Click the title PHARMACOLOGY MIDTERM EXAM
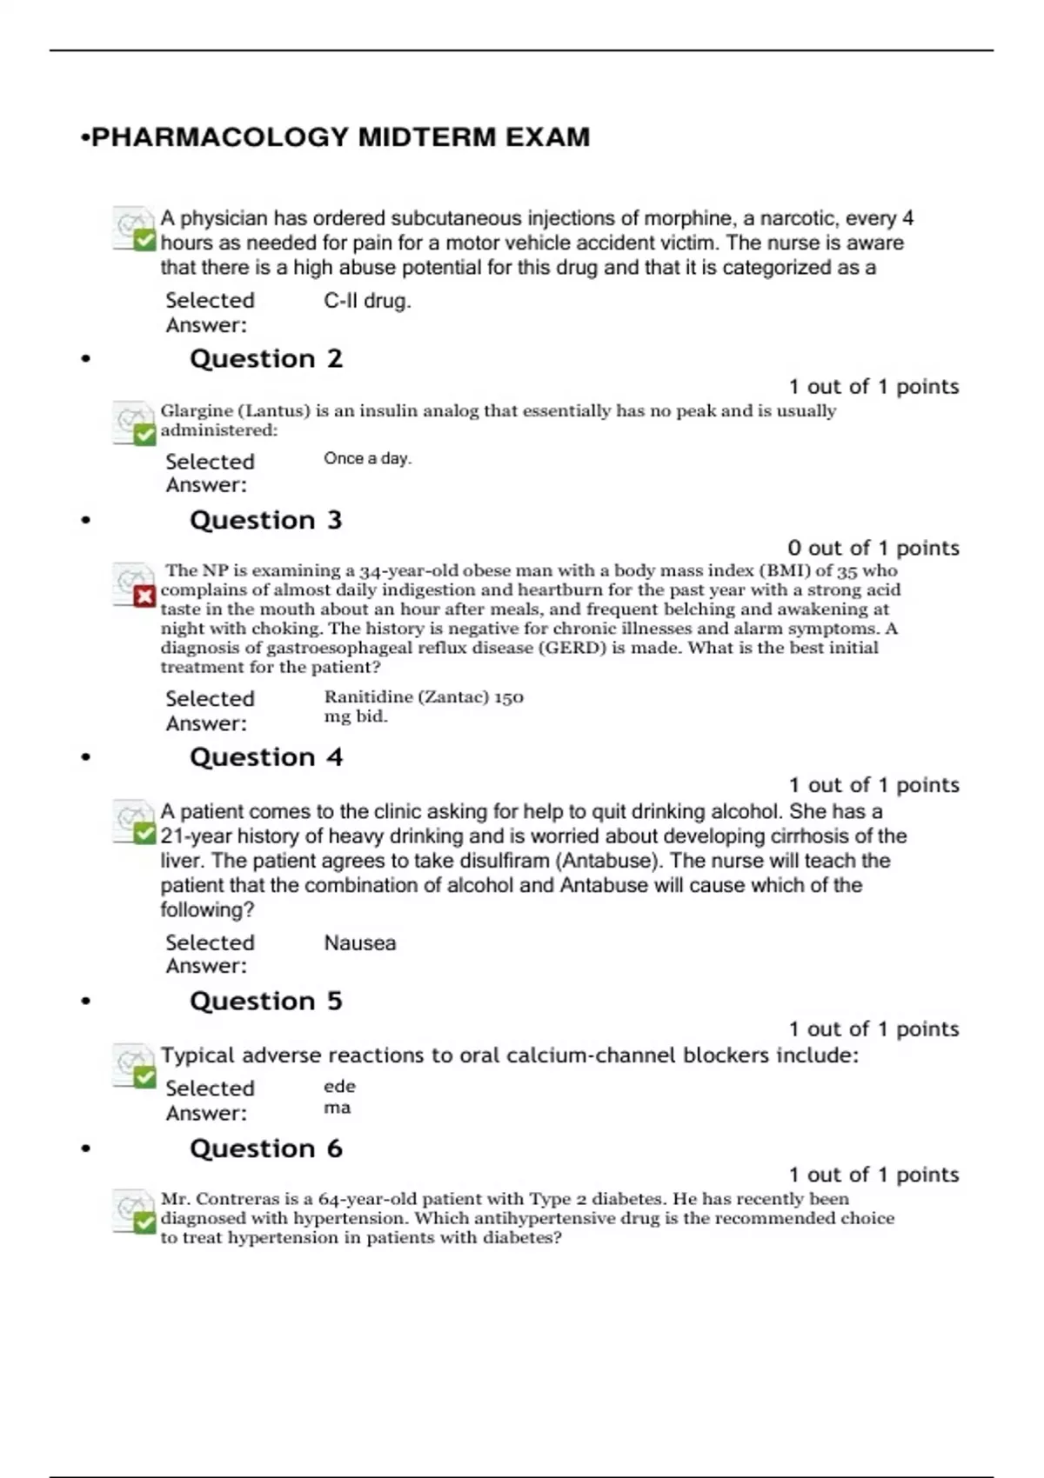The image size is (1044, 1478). point(340,137)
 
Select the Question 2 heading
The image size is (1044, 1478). point(266,359)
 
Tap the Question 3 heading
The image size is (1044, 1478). point(266,521)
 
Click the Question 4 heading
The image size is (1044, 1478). point(266,757)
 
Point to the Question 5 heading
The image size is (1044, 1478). point(266,1002)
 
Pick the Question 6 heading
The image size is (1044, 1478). point(266,1149)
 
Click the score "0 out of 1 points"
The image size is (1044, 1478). point(873,549)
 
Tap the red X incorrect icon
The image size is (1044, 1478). point(144,596)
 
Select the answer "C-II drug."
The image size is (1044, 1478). point(367,301)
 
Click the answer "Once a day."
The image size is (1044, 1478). point(367,459)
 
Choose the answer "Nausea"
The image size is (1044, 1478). point(360,943)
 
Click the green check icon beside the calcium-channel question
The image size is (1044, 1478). point(144,1077)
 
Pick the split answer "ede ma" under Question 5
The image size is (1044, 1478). point(338,1097)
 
